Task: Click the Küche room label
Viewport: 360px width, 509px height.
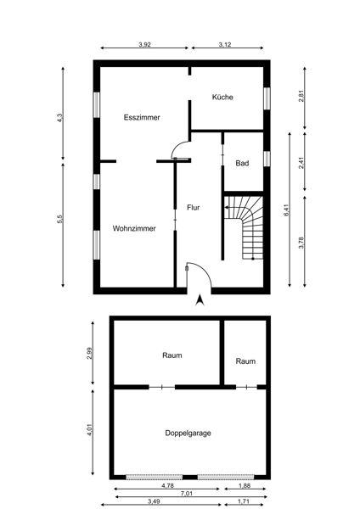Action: pyautogui.click(x=222, y=97)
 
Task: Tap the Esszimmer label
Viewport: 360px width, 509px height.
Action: pyautogui.click(x=142, y=118)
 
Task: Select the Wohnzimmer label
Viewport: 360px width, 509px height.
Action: pyautogui.click(x=134, y=228)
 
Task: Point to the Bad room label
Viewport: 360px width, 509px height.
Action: pyautogui.click(x=242, y=163)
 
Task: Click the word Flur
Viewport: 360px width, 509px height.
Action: pyautogui.click(x=194, y=208)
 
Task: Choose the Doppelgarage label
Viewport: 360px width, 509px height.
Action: pyautogui.click(x=188, y=433)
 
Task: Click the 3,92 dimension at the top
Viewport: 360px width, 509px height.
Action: pyautogui.click(x=145, y=45)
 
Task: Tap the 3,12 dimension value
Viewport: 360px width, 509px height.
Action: pyautogui.click(x=225, y=45)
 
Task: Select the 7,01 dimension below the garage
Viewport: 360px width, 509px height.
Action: pyautogui.click(x=187, y=494)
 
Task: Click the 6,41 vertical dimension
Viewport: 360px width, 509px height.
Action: pyautogui.click(x=286, y=210)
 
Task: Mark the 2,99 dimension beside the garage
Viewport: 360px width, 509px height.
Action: pyautogui.click(x=90, y=353)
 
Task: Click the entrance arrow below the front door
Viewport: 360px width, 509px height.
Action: pyautogui.click(x=200, y=300)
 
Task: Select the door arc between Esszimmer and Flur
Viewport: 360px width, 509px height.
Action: pyautogui.click(x=177, y=148)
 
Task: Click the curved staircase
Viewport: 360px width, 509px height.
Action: pyautogui.click(x=244, y=227)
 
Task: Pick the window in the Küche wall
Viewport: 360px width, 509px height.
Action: pyautogui.click(x=267, y=98)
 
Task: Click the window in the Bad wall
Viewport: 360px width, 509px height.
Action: pyautogui.click(x=267, y=159)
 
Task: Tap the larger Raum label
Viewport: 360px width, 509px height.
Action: pyautogui.click(x=172, y=355)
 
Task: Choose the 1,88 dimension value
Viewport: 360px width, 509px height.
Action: pyautogui.click(x=245, y=486)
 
